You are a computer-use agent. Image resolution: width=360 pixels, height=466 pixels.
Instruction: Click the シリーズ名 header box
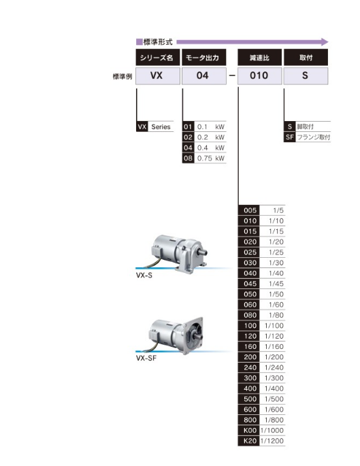[x=158, y=57]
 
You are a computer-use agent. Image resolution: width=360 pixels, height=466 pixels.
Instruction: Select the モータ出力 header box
[x=204, y=57]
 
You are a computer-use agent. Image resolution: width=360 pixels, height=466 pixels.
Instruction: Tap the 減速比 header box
[x=259, y=57]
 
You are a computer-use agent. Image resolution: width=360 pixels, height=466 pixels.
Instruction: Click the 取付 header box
[x=306, y=57]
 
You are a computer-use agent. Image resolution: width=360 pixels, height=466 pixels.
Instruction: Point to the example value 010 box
[x=259, y=76]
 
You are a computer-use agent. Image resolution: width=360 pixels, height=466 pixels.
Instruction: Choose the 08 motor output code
[x=189, y=158]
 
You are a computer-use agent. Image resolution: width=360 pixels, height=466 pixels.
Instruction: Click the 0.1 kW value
[x=211, y=127]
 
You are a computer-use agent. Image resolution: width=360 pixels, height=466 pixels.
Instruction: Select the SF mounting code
[x=290, y=137]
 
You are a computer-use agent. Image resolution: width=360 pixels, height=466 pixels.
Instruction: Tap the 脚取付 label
[x=306, y=127]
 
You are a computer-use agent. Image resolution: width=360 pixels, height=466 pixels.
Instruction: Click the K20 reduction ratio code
[x=249, y=441]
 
